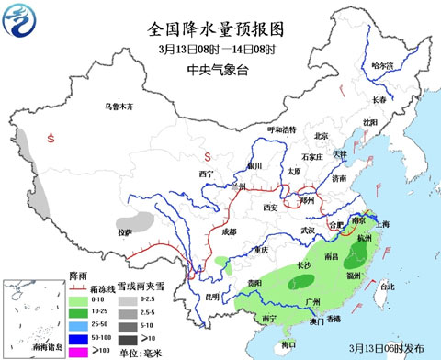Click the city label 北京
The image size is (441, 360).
(x=321, y=136)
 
